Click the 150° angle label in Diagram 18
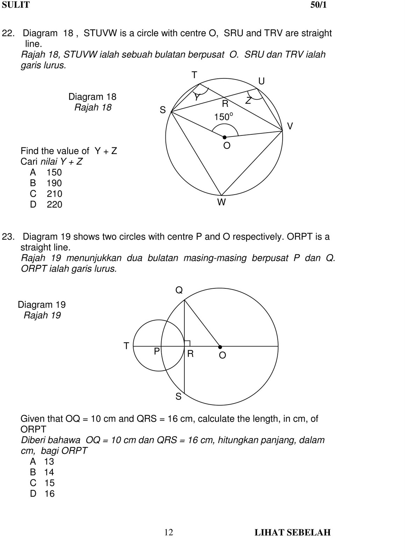tap(223, 117)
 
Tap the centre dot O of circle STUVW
tap(225, 137)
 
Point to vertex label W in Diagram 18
tap(221, 202)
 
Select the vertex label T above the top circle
tap(194, 75)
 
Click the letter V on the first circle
tap(290, 126)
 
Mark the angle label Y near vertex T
tap(197, 97)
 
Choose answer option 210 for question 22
tap(54, 194)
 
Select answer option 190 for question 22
tap(54, 183)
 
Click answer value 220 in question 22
tap(54, 205)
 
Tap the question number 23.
tap(8, 237)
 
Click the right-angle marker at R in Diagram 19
tap(187, 343)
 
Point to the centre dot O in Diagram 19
tap(220, 347)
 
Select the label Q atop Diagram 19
tap(179, 290)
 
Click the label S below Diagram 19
tap(178, 397)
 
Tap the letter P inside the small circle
tap(157, 351)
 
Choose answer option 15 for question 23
tap(49, 483)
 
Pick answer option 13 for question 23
tap(49, 462)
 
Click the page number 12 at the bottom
tap(169, 532)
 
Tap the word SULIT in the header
tap(16, 5)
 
